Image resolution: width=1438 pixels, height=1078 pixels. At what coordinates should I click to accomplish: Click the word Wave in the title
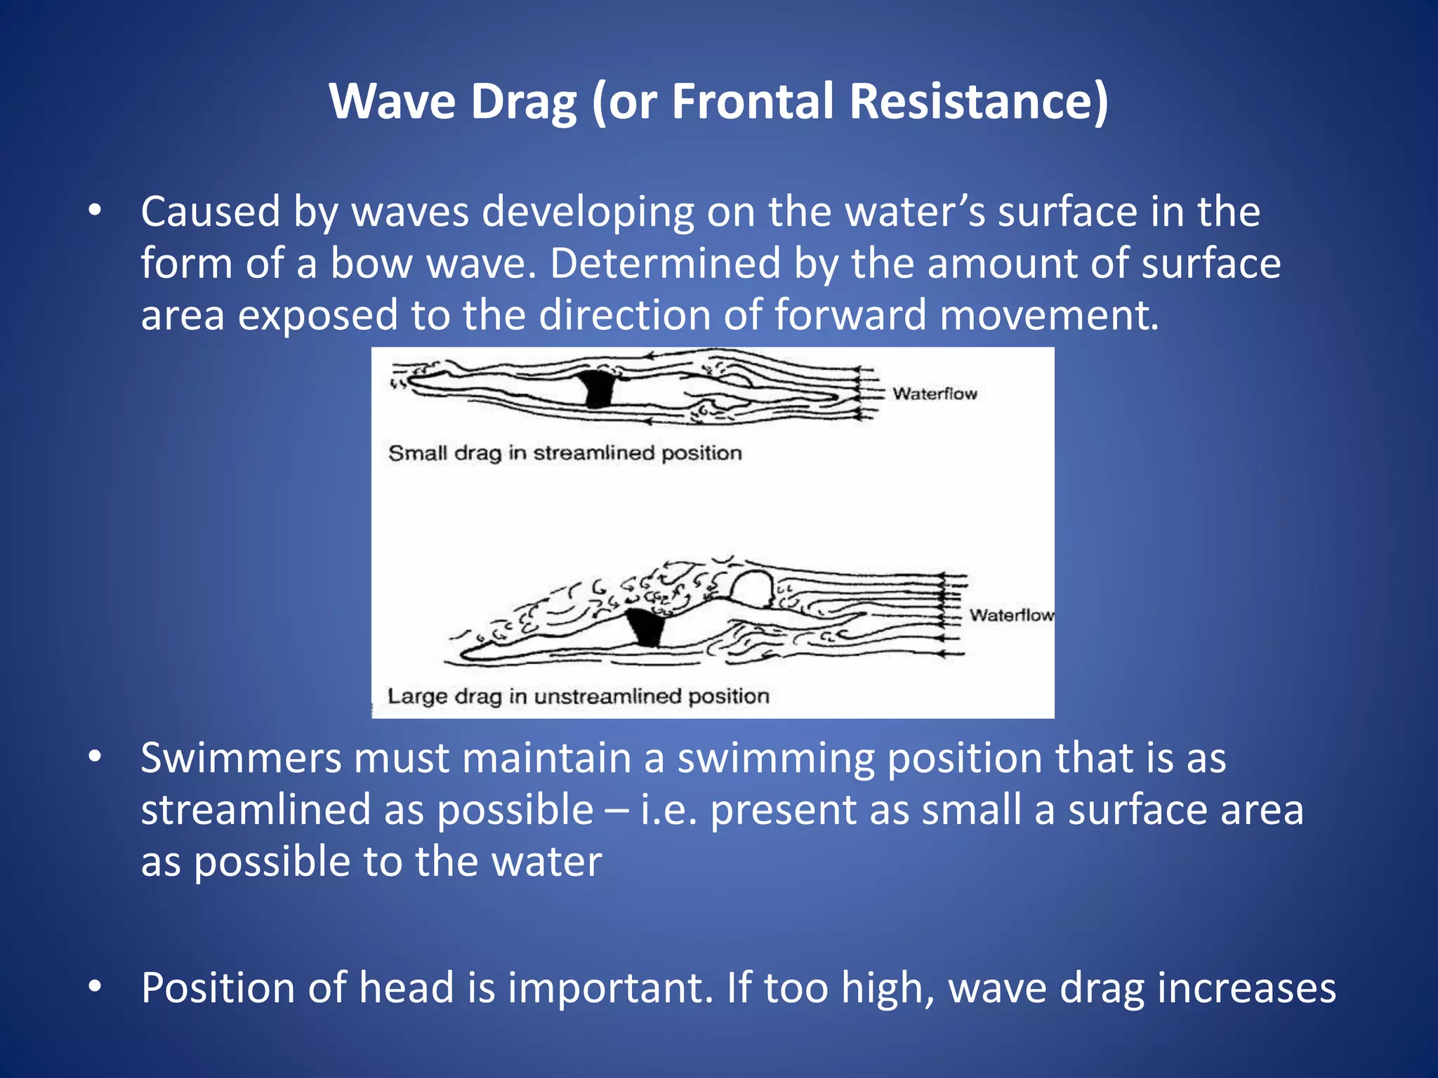click(x=393, y=102)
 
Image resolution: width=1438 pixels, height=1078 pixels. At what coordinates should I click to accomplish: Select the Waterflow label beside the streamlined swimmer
click(x=935, y=394)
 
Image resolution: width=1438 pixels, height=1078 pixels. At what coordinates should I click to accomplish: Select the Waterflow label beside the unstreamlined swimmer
click(x=1011, y=615)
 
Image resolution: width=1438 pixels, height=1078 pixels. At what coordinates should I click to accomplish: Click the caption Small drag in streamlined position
click(x=565, y=453)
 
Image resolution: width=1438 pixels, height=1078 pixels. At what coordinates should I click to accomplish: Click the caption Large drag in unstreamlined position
click(x=579, y=696)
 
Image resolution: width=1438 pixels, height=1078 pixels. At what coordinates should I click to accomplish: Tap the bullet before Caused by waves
click(x=95, y=211)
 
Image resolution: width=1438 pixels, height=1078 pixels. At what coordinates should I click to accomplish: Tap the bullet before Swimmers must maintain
click(x=95, y=757)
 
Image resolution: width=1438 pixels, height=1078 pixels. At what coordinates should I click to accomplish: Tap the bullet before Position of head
click(x=95, y=987)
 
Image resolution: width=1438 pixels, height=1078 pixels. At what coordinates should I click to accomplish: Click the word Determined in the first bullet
click(x=665, y=264)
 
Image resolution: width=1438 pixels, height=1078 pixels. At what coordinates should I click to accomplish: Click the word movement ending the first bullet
click(x=1048, y=316)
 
